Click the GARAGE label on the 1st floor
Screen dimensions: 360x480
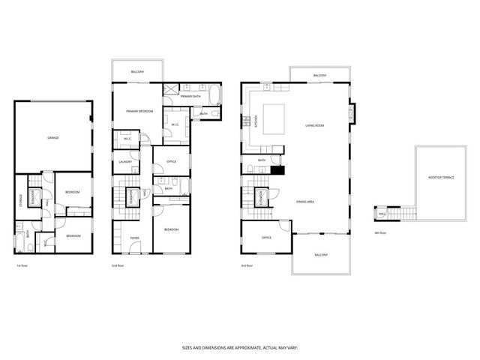pos(52,138)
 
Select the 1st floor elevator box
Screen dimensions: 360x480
pos(34,196)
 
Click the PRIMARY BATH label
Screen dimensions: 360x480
pos(190,97)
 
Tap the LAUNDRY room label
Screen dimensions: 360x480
pos(125,162)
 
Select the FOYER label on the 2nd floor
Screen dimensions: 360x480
pos(134,238)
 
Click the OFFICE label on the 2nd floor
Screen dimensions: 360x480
pos(171,160)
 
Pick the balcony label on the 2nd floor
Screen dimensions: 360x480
pos(137,71)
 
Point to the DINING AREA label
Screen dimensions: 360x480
pos(305,201)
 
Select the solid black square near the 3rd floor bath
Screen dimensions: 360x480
pos(277,169)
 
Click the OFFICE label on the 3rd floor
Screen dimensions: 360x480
pos(265,238)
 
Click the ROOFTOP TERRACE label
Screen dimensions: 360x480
pos(440,178)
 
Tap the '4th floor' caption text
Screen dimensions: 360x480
pos(379,233)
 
